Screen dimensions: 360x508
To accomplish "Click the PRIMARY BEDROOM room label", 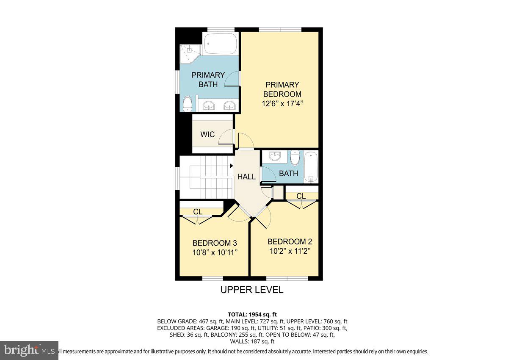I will coord(282,89).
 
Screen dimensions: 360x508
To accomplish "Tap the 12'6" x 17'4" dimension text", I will coord(282,103).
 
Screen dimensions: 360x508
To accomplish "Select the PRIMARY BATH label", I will coord(208,80).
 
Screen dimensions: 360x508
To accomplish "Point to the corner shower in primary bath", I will coord(188,53).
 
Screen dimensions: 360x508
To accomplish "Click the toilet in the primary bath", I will coord(187,103).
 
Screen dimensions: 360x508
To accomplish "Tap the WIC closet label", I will coord(207,135).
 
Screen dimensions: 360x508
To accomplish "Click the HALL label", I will coord(246,177).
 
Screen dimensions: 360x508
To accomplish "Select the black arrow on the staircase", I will coord(231,166).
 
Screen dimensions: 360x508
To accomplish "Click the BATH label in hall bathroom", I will coord(288,173).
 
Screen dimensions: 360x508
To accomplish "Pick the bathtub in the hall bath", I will coord(311,167).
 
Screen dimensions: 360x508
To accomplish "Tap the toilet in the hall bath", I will coord(295,158).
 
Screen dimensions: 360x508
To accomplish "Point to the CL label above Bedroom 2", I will coord(301,196).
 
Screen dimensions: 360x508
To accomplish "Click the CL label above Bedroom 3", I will coord(198,212).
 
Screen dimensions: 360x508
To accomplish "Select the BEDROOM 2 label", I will coord(290,242).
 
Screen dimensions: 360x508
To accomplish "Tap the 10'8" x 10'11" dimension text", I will coord(214,253).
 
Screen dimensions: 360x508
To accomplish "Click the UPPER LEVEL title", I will coord(251,290).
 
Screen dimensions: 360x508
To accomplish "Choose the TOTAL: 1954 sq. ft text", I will coord(252,314).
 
